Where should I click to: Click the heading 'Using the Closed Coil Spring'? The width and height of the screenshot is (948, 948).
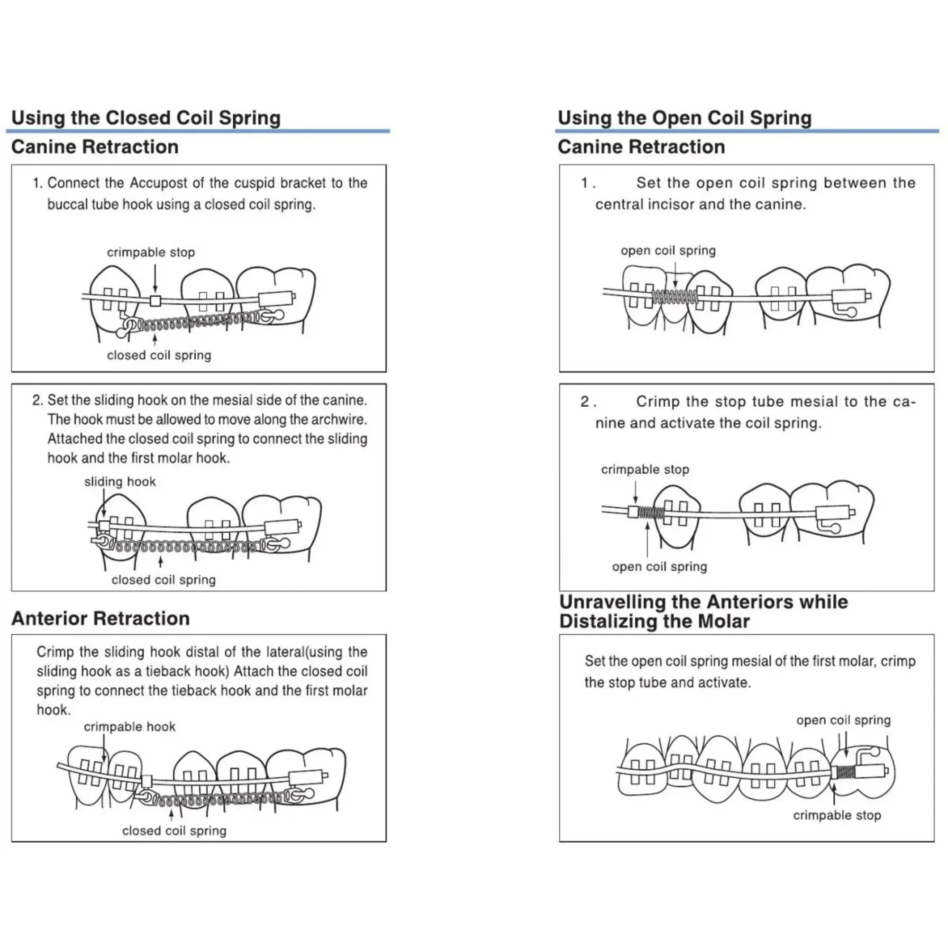[x=146, y=118]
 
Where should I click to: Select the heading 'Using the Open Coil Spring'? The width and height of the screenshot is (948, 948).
[x=684, y=118]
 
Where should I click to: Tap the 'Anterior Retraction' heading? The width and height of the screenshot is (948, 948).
[x=100, y=618]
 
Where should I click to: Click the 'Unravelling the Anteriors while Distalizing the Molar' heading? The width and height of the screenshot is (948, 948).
[x=703, y=611]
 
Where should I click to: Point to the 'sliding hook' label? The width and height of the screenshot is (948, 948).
[x=120, y=482]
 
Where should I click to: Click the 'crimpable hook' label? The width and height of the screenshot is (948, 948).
[x=129, y=727]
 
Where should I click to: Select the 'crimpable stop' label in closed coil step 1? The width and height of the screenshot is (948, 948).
[x=151, y=252]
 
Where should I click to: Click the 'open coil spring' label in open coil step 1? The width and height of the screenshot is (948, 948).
[x=668, y=250]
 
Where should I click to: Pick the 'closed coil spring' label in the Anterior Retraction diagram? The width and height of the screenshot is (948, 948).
[x=174, y=831]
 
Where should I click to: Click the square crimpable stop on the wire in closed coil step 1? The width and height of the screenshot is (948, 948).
[x=155, y=300]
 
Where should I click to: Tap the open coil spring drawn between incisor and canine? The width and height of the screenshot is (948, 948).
[x=674, y=296]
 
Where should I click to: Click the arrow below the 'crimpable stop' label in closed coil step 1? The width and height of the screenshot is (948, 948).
[x=155, y=278]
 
